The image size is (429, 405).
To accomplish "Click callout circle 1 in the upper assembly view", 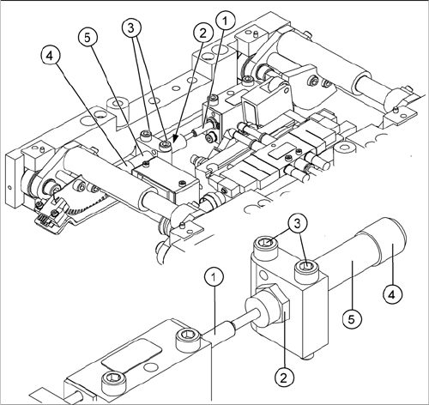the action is (x=226, y=21).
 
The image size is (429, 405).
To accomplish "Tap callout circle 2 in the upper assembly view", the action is (x=203, y=33).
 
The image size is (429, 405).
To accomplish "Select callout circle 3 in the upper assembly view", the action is (x=131, y=28).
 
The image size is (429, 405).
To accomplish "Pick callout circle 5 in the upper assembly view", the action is (x=88, y=38).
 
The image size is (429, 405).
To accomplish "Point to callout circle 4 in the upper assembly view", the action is (x=51, y=56).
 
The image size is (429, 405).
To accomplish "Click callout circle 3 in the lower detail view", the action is (x=298, y=224).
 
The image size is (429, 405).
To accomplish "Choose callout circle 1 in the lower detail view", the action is (x=214, y=276).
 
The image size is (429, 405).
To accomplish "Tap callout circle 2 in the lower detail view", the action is (x=284, y=378).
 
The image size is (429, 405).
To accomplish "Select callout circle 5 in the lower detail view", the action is (x=352, y=318).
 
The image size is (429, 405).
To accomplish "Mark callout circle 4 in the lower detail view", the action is (x=392, y=293).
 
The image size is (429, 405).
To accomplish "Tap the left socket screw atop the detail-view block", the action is (x=266, y=245).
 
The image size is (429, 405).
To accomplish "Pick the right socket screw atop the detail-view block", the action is (x=307, y=269).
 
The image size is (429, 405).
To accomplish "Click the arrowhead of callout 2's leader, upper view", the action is (x=175, y=140).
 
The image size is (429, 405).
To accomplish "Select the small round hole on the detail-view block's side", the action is (x=264, y=275).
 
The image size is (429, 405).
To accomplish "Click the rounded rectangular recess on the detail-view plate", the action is (x=132, y=354).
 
